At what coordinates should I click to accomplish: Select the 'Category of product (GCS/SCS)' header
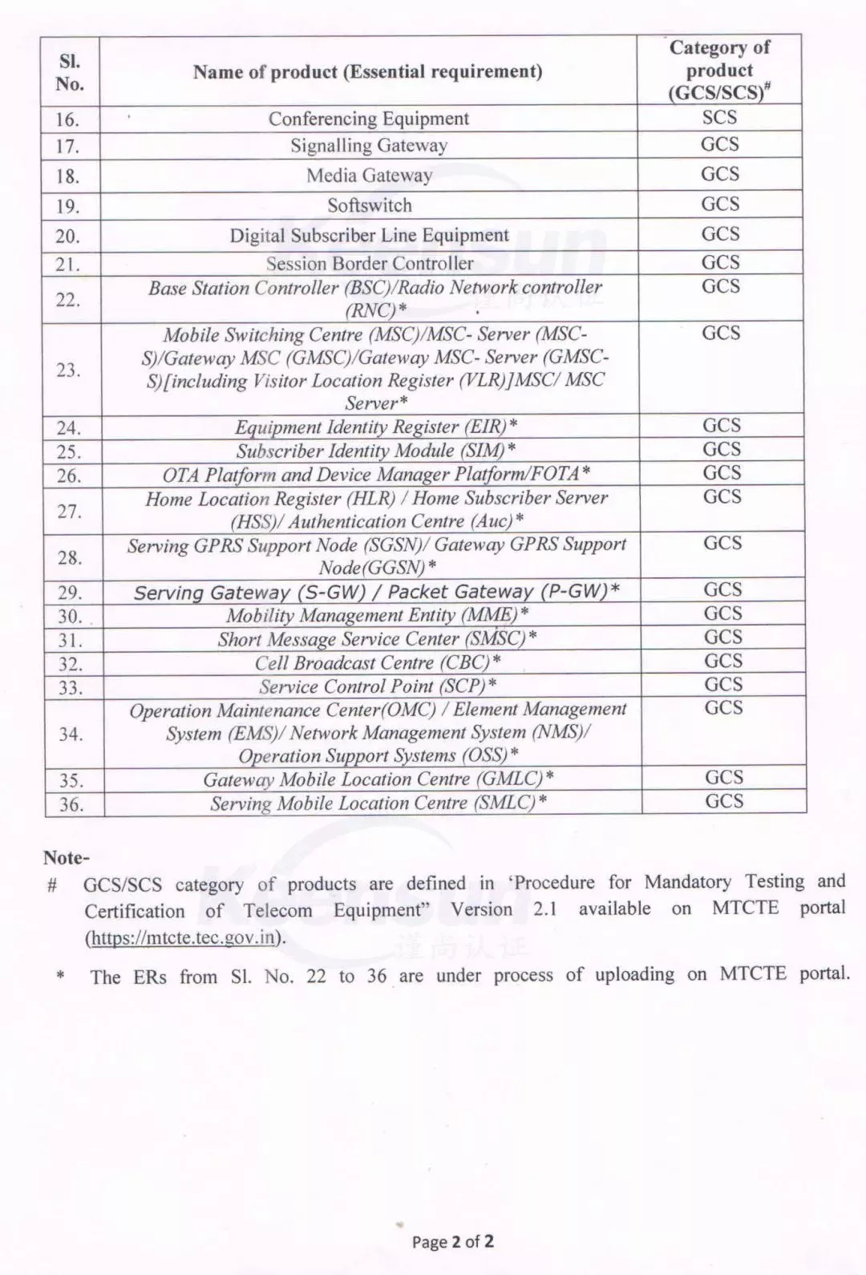pos(719,70)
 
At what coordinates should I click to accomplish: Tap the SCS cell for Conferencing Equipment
pos(719,118)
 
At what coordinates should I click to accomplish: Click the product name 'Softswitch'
pos(369,205)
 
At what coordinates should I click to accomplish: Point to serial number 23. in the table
pos(69,370)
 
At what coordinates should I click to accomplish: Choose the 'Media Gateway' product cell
pos(369,175)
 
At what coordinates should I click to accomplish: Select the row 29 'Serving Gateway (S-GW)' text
pos(376,592)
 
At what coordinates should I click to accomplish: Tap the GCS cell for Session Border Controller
pos(720,262)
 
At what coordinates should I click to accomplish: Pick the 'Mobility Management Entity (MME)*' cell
pos(377,615)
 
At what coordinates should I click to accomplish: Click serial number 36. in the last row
pos(71,804)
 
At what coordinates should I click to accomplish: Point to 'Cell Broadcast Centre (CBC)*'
pos(378,662)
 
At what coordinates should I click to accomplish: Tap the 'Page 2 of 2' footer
pos(452,1242)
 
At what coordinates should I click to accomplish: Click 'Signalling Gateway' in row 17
pos(369,146)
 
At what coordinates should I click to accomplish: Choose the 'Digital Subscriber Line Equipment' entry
pos(369,236)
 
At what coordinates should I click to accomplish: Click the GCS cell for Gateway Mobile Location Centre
pos(724,777)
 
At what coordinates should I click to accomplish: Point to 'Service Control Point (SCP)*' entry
pos(378,686)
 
